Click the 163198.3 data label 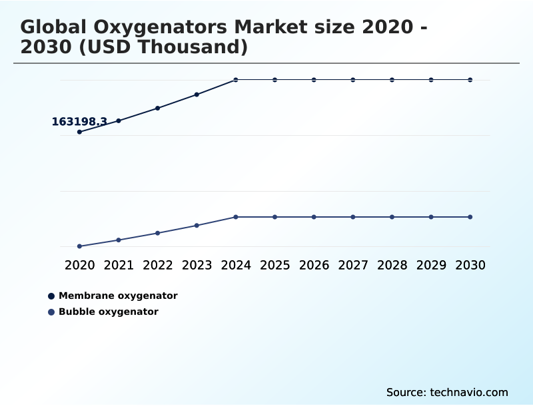[x=79, y=122]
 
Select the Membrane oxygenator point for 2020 [x=79, y=132]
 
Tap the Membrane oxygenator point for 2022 [x=158, y=108]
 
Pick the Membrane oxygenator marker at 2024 [x=236, y=80]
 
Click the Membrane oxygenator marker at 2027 [x=353, y=80]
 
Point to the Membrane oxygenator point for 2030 [x=470, y=80]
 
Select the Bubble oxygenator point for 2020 [x=79, y=246]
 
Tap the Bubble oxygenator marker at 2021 [x=119, y=240]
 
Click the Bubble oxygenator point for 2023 [x=197, y=226]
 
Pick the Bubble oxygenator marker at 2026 [x=314, y=217]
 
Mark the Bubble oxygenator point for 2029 [x=431, y=217]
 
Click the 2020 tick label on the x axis [x=79, y=265]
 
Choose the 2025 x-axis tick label [x=274, y=265]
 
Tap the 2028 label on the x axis [x=392, y=265]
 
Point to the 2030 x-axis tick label [x=470, y=265]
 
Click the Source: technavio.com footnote [x=447, y=392]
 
